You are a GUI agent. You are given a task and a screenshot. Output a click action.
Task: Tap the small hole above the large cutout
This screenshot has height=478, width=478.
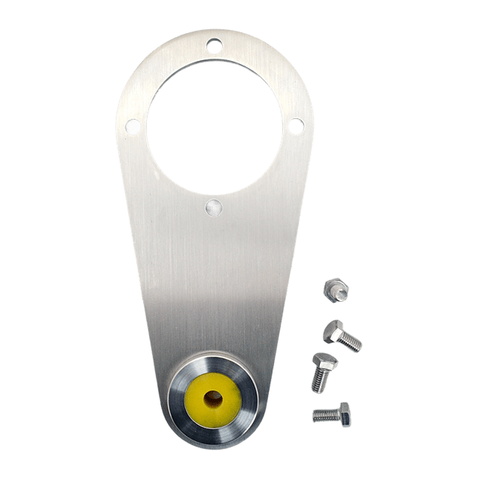pyautogui.click(x=215, y=45)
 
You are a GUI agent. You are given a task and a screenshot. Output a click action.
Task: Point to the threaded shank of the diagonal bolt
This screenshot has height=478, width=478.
pyautogui.click(x=352, y=342)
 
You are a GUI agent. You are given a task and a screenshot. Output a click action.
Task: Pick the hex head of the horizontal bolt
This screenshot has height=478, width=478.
pyautogui.click(x=343, y=412)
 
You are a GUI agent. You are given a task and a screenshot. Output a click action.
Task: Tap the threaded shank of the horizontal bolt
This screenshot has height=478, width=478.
pyautogui.click(x=324, y=414)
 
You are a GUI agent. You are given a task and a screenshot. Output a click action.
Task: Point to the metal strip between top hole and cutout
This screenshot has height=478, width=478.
pyautogui.click(x=215, y=57)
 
